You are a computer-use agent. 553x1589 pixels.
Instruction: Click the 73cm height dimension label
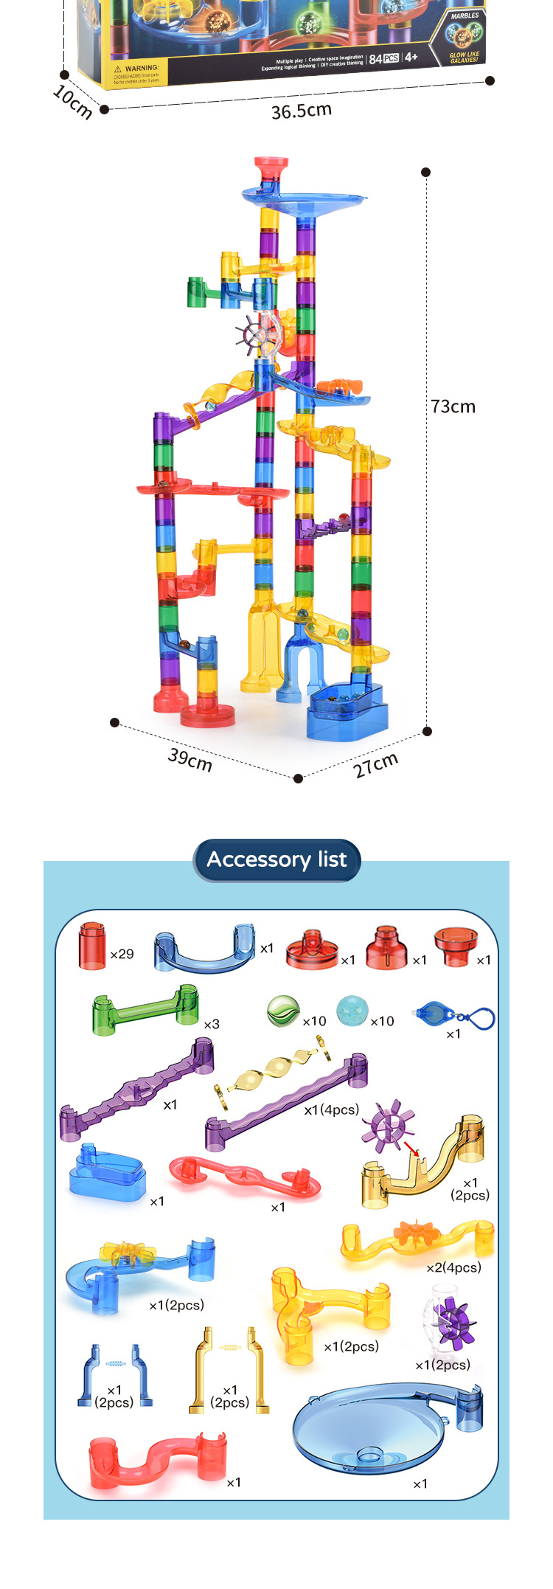[453, 406]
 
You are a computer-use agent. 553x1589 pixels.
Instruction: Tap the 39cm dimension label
[190, 759]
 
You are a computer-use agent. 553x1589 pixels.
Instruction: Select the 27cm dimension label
[376, 765]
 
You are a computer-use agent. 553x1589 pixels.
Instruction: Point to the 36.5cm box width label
[302, 111]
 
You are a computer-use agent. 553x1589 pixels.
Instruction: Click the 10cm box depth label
[72, 101]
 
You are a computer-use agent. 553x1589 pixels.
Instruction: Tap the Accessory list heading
[276, 859]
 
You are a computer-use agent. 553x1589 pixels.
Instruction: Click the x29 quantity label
[122, 954]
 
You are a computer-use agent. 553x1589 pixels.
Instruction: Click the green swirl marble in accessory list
[283, 1011]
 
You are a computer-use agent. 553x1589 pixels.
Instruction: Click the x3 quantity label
[212, 1024]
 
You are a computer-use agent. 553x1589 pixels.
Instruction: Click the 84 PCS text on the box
[383, 58]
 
